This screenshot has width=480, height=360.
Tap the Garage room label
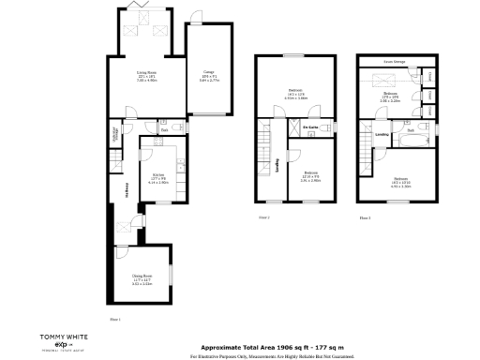pyautogui.click(x=208, y=75)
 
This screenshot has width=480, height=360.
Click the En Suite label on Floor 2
pyautogui.click(x=309, y=126)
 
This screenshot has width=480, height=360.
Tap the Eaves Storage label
pyautogui.click(x=394, y=64)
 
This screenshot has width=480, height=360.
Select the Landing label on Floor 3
pyautogui.click(x=382, y=134)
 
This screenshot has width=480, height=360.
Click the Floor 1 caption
pyautogui.click(x=115, y=320)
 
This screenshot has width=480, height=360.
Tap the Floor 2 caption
pyautogui.click(x=263, y=217)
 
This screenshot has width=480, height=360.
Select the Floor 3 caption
pyautogui.click(x=365, y=217)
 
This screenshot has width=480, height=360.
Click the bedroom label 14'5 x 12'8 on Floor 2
pyautogui.click(x=295, y=95)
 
